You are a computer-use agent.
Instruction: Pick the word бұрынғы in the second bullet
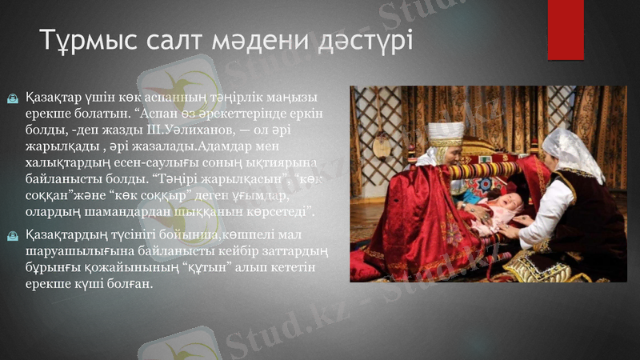coord(53,268)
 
